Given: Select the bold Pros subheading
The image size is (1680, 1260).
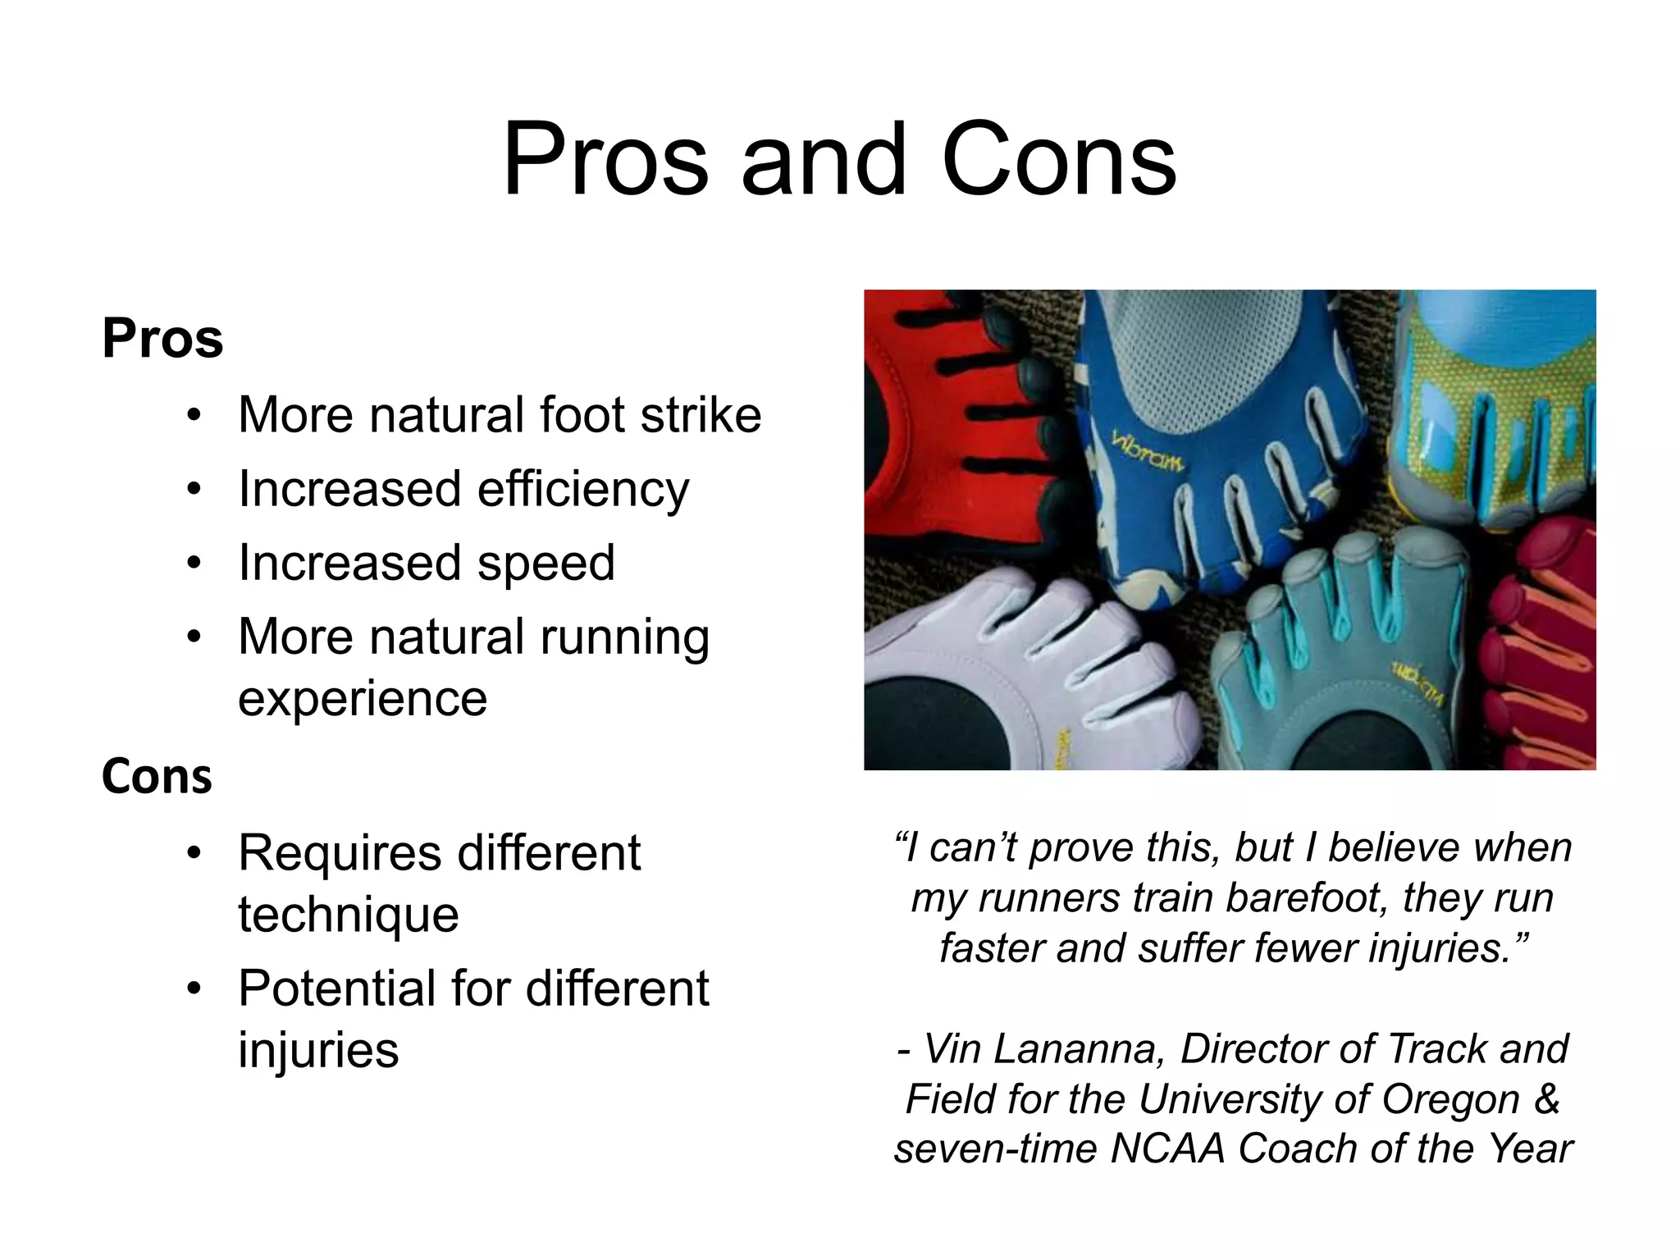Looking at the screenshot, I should click(x=162, y=338).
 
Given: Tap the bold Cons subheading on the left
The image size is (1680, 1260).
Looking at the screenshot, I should click(x=157, y=776).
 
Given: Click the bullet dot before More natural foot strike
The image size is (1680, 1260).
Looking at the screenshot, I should click(x=194, y=415).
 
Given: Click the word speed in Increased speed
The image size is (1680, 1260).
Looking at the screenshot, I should click(x=546, y=564).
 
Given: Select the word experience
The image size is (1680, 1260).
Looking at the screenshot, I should click(x=363, y=700).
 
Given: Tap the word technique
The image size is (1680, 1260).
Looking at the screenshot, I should click(x=349, y=915).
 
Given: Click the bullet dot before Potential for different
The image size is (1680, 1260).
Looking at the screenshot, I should click(x=194, y=988).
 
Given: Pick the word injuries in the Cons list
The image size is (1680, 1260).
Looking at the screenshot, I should click(x=318, y=1051).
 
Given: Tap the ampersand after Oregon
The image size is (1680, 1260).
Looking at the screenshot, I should click(x=1547, y=1099).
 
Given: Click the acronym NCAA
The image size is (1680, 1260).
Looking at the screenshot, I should click(x=1166, y=1148).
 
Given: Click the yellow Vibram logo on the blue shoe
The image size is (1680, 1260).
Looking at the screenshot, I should click(x=1148, y=452).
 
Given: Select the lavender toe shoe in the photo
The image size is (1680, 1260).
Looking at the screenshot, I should click(x=1025, y=673).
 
